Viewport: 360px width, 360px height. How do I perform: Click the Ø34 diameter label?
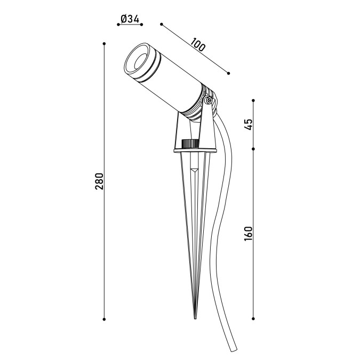point(130,19)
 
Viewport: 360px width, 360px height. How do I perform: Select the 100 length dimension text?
point(198,45)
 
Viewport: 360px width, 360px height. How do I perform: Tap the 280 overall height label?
point(99,181)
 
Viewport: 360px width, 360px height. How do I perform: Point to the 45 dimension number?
point(248,124)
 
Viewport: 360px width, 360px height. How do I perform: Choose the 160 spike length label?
point(248,234)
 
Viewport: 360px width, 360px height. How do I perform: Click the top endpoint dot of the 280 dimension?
point(104,44)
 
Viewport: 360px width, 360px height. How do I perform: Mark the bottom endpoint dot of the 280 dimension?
point(104,319)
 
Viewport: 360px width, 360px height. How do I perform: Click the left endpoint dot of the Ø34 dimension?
point(118,25)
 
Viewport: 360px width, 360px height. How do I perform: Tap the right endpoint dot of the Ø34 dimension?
point(142,25)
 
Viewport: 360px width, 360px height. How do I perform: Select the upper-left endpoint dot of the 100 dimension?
point(162,25)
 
